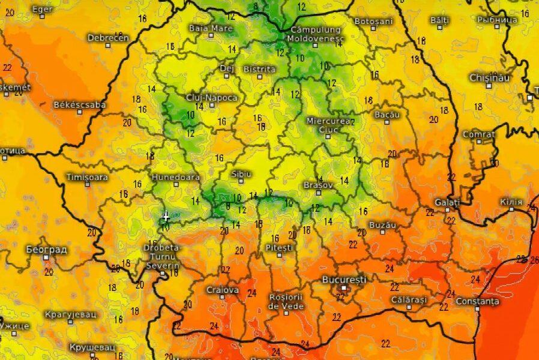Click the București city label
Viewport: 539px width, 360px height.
[x=344, y=280]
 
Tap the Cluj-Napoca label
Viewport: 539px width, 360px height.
[x=212, y=98]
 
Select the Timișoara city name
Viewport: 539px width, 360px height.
[x=88, y=178]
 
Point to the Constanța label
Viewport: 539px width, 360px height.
[x=477, y=301]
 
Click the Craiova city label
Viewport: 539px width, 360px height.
[x=223, y=290]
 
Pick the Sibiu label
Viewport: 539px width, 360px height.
[x=241, y=174]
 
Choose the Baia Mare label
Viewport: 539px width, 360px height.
[x=211, y=28]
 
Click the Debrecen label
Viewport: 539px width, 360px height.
[x=108, y=38]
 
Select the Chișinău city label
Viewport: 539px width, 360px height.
[x=489, y=78]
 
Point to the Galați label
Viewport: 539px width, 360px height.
[x=447, y=202]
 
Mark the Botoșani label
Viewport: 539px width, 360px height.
[x=373, y=21]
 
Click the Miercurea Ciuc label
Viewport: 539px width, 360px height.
[x=328, y=125]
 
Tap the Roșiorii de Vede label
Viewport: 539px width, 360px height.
[x=286, y=301]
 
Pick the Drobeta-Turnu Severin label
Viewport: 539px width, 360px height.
[x=161, y=257]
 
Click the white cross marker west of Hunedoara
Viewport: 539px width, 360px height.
[x=166, y=217]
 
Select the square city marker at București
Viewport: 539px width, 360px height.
[x=344, y=288]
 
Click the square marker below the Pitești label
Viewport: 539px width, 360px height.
[x=279, y=255]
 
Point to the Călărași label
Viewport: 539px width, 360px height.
[x=409, y=299]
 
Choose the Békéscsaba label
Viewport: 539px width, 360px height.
[x=80, y=105]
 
